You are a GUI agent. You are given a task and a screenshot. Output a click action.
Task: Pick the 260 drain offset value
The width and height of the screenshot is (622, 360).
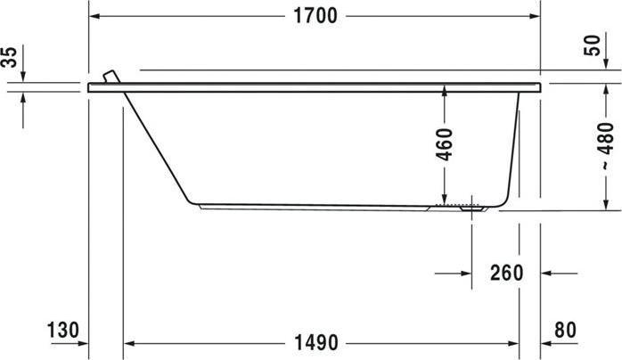tap(506, 272)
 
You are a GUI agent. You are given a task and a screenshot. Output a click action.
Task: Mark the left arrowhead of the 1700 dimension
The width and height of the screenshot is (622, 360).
tap(95, 17)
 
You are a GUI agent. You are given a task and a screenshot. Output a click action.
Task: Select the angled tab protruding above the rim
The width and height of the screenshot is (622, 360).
tap(110, 77)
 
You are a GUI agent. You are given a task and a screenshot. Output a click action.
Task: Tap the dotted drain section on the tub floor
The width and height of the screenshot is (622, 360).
tap(463, 205)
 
